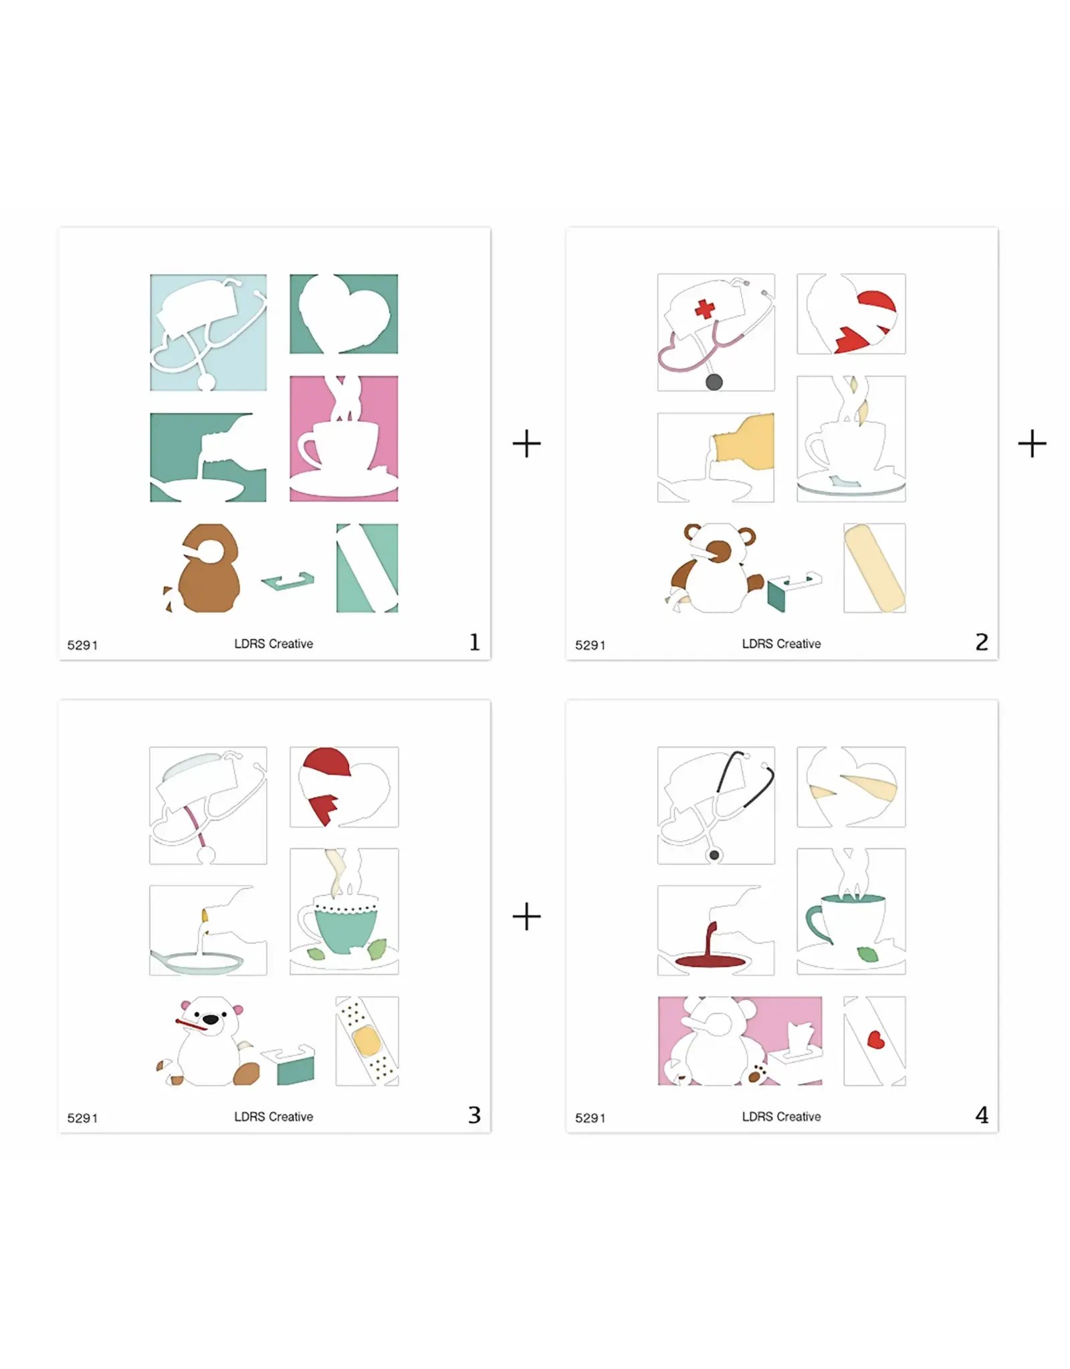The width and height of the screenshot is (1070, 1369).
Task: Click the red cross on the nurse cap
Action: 705,309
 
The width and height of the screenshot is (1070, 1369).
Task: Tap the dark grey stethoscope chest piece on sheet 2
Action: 714,382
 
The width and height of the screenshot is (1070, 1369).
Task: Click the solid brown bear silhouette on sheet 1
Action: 208,568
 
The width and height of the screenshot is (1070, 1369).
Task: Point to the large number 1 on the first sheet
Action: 474,642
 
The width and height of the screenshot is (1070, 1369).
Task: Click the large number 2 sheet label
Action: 982,642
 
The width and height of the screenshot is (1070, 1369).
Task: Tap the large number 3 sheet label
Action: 474,1115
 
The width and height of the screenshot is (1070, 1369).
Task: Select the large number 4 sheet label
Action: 982,1115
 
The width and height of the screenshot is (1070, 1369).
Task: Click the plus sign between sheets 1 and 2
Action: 526,444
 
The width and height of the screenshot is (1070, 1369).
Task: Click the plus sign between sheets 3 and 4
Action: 526,916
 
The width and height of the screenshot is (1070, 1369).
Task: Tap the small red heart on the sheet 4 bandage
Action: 875,1040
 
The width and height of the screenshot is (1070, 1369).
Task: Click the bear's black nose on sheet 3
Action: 210,1019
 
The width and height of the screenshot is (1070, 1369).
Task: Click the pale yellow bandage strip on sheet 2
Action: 875,568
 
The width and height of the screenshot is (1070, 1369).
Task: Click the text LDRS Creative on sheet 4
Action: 781,1116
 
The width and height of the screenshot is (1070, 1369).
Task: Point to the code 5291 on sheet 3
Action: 82,1118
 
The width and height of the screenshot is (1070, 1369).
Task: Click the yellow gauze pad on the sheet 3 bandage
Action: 366,1041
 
